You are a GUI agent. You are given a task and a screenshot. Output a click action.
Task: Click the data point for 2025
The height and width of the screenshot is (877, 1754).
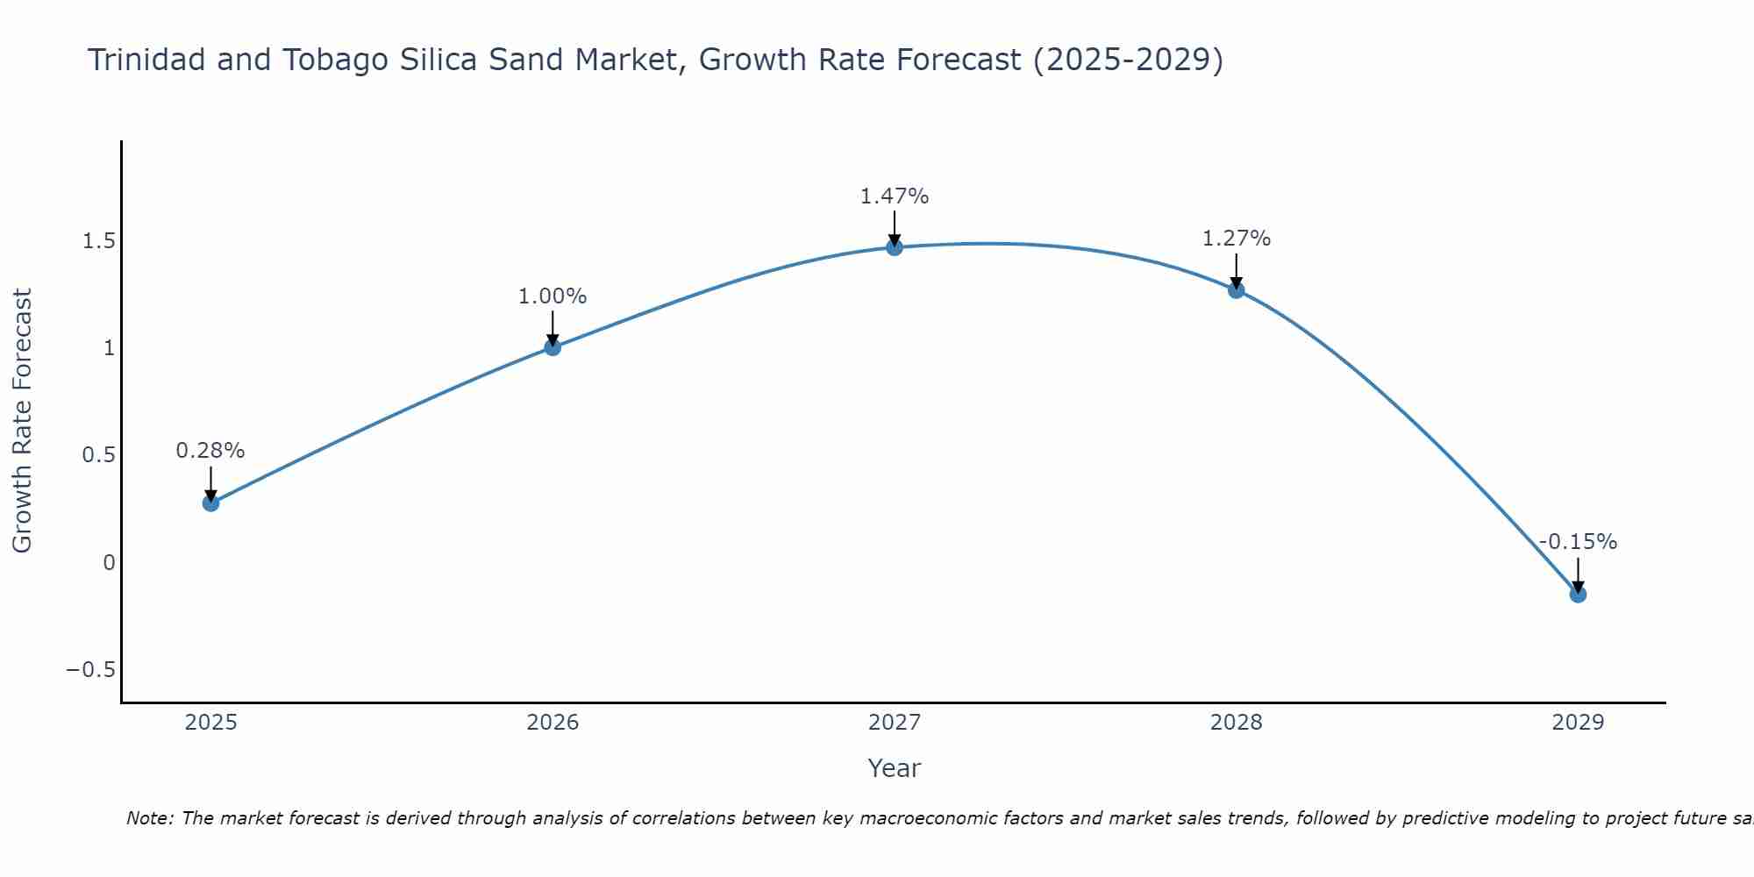(210, 503)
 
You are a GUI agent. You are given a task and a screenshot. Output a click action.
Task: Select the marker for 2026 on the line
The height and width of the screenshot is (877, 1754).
(553, 347)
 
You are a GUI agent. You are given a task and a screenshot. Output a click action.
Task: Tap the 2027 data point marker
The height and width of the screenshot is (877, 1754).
(895, 247)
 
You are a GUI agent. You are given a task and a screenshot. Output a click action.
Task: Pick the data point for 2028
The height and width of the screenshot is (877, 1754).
(1237, 290)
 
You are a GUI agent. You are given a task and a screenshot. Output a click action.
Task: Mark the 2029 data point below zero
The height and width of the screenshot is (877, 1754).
(1578, 595)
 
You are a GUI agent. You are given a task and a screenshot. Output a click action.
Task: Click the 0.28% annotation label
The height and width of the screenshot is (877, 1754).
(210, 451)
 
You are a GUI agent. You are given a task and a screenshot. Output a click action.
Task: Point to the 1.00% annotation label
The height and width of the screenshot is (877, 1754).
(553, 296)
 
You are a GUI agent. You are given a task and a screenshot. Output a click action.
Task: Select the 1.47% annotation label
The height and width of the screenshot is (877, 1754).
(895, 196)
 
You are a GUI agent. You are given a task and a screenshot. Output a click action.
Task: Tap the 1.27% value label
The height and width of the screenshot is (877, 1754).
(1237, 239)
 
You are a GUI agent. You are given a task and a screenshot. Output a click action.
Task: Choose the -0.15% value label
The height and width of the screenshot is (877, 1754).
(1578, 542)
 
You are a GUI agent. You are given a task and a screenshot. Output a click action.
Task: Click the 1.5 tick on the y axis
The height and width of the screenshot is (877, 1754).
(99, 241)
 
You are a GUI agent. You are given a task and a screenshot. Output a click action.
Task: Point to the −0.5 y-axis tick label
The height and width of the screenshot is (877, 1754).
(91, 670)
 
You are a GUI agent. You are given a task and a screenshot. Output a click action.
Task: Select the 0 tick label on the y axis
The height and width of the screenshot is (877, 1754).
(109, 563)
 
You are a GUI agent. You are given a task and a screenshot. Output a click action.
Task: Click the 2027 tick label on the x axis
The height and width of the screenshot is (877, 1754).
(895, 723)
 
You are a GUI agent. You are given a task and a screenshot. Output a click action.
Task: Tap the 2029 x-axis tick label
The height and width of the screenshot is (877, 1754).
(1578, 723)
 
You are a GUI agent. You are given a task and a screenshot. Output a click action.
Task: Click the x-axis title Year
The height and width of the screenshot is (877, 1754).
(895, 768)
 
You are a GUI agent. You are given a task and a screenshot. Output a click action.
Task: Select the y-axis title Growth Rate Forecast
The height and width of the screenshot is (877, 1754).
(23, 421)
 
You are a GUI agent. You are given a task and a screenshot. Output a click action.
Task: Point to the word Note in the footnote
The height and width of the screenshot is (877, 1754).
(151, 818)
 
